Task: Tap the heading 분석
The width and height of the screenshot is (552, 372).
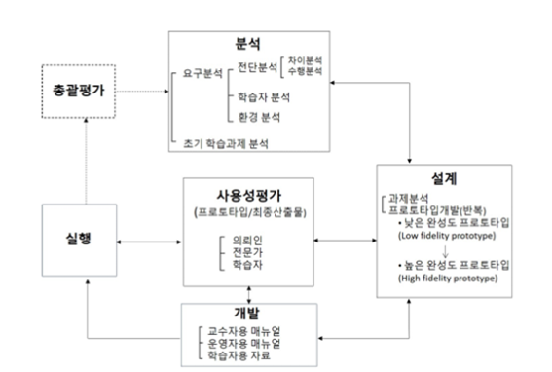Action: click(252, 43)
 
